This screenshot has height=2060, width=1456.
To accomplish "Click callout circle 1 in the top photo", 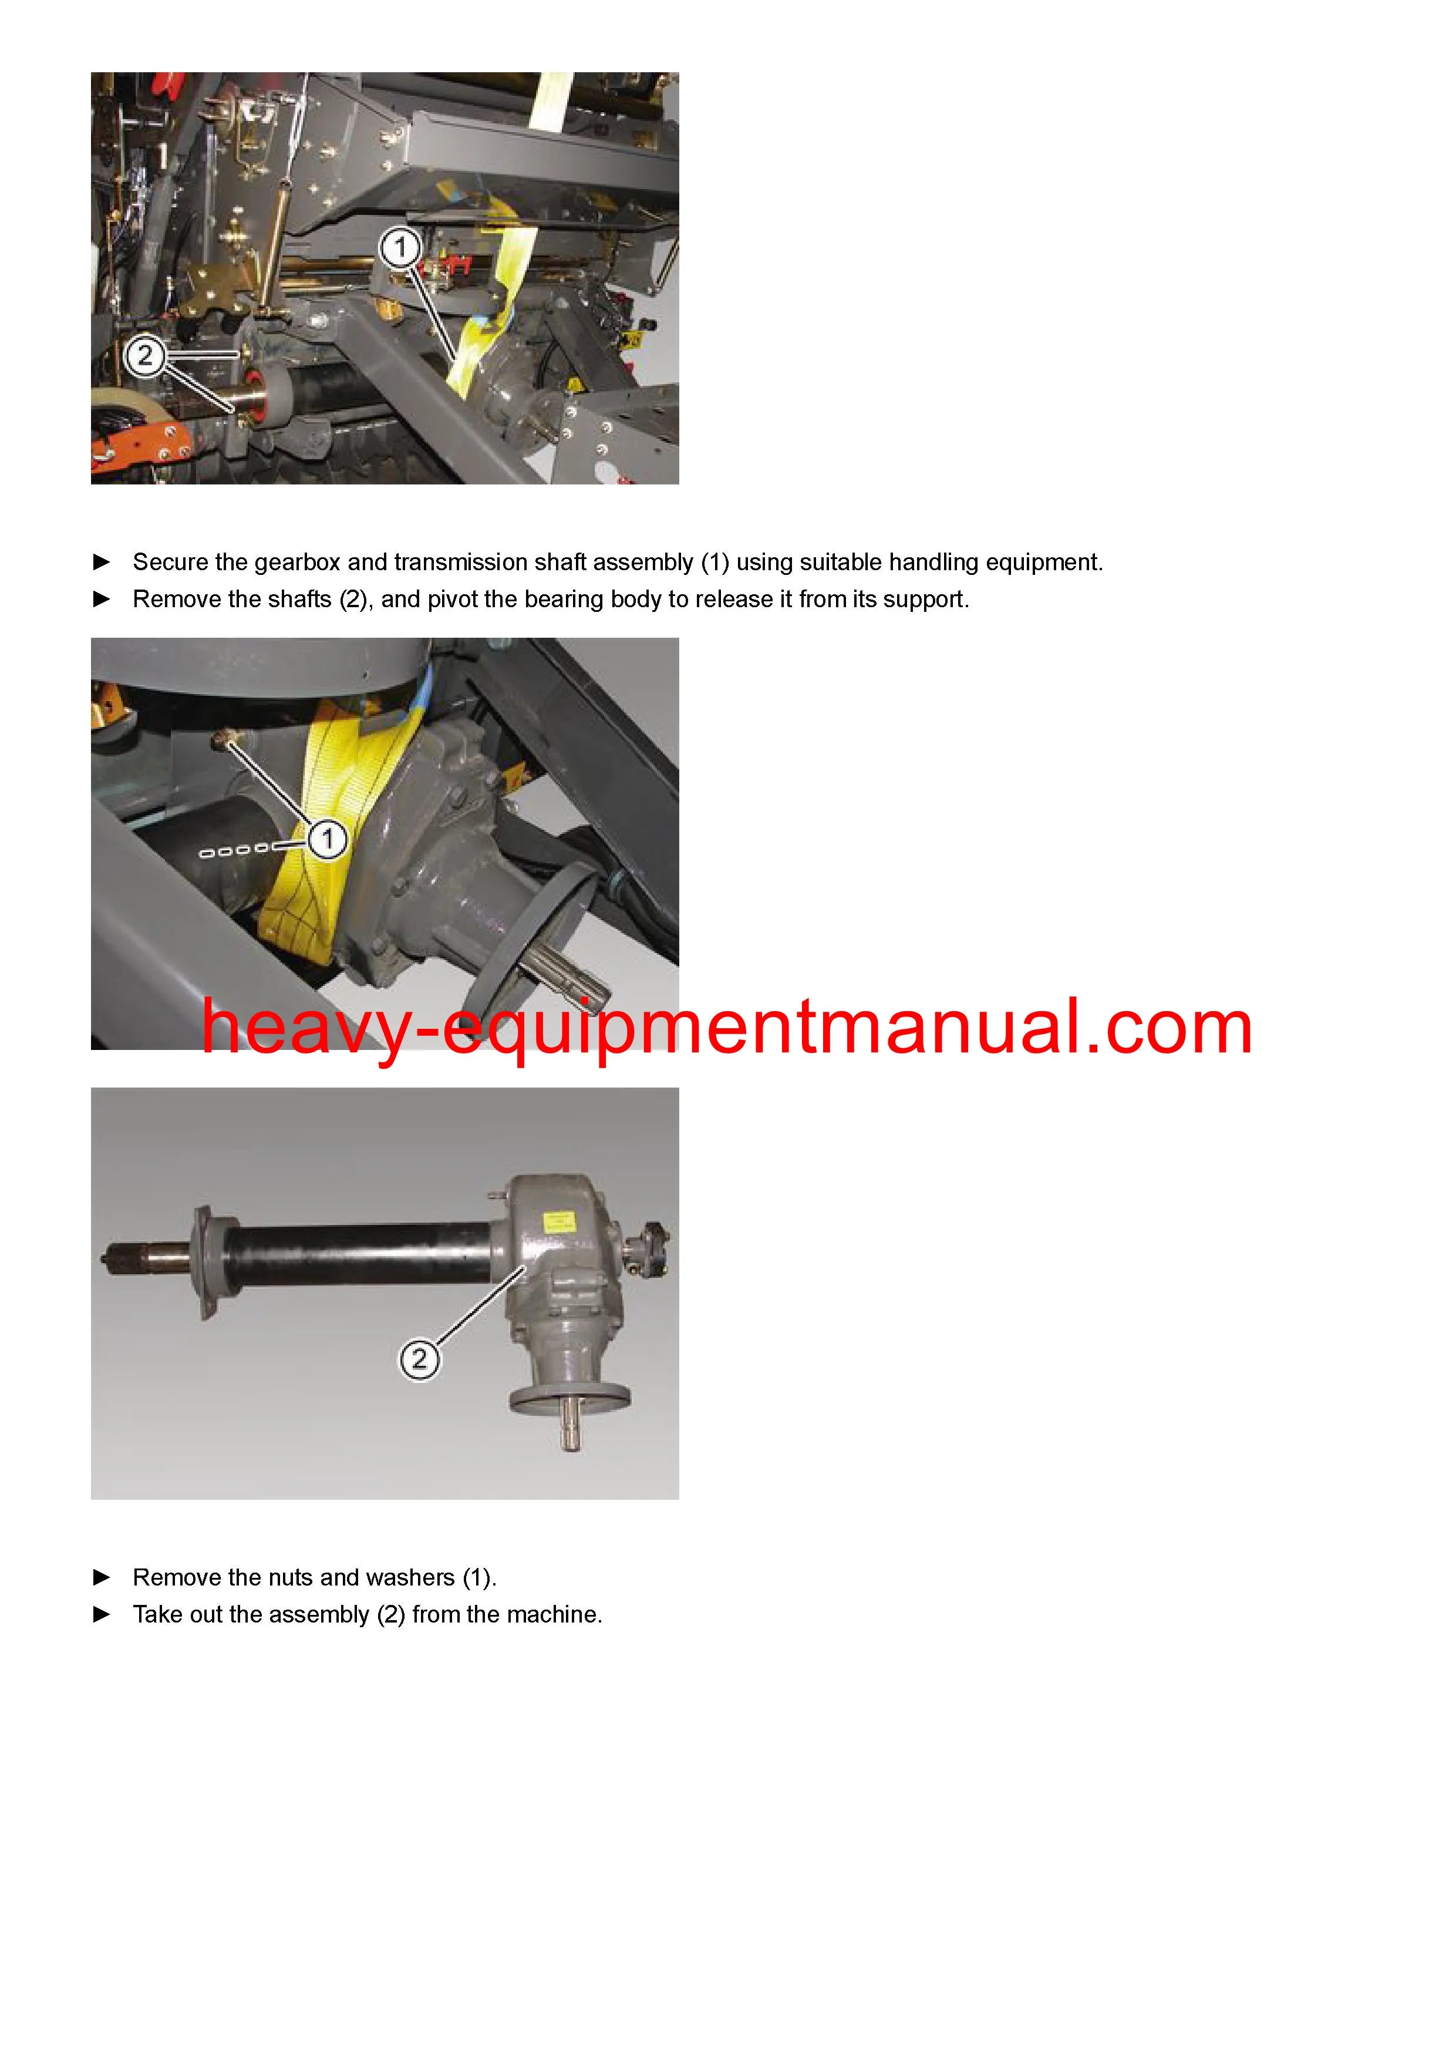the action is pos(400,247).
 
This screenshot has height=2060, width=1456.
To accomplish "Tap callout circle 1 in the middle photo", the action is pos(328,839).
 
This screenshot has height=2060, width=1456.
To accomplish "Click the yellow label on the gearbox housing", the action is pos(559,1225).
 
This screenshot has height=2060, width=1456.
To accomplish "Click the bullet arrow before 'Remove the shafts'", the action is pos(102,600).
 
